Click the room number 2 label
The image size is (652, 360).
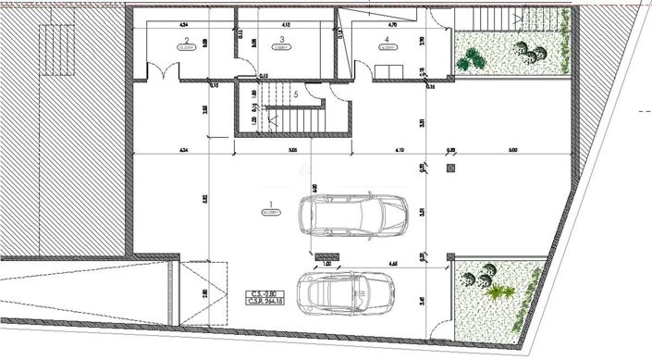(187, 39)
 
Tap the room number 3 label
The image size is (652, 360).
(281, 39)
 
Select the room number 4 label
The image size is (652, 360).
(386, 39)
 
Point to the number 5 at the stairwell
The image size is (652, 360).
(295, 93)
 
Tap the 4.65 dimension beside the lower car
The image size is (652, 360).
(392, 265)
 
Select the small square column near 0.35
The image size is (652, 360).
(450, 168)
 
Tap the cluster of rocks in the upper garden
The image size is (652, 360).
(530, 50)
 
